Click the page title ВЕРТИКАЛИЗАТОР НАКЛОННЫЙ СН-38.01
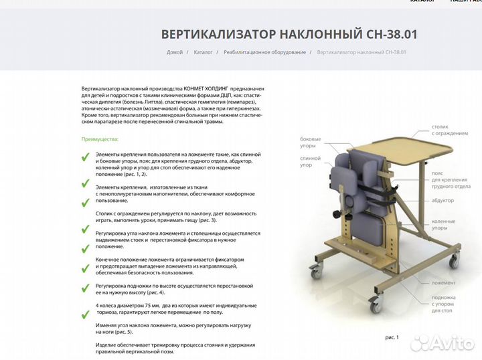coord(289,34)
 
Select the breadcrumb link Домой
coord(175,52)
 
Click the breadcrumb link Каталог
coord(204,52)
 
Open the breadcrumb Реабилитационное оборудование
coord(264,52)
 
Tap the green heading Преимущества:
coord(100,139)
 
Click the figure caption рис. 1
coord(392,337)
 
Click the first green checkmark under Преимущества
coord(85,158)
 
